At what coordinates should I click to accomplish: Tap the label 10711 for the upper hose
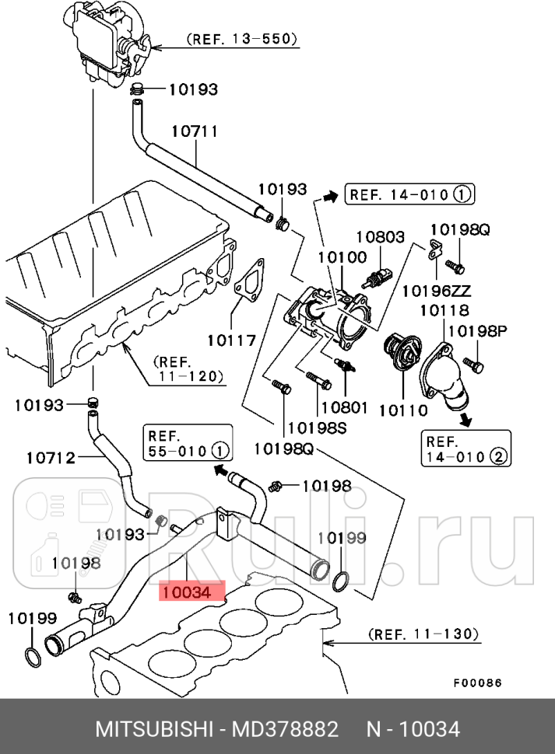pos(194,131)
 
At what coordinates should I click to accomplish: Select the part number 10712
pos(51,457)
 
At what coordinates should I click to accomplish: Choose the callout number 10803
pos(381,236)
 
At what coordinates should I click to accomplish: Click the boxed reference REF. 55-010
pos(187,443)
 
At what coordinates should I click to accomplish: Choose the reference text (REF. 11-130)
pos(423,635)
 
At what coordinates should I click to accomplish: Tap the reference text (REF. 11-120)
pos(188,368)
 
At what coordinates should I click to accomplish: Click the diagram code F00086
pos(478,683)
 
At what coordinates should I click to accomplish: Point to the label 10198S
pos(317,427)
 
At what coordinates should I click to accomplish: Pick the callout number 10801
pos(344,406)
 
